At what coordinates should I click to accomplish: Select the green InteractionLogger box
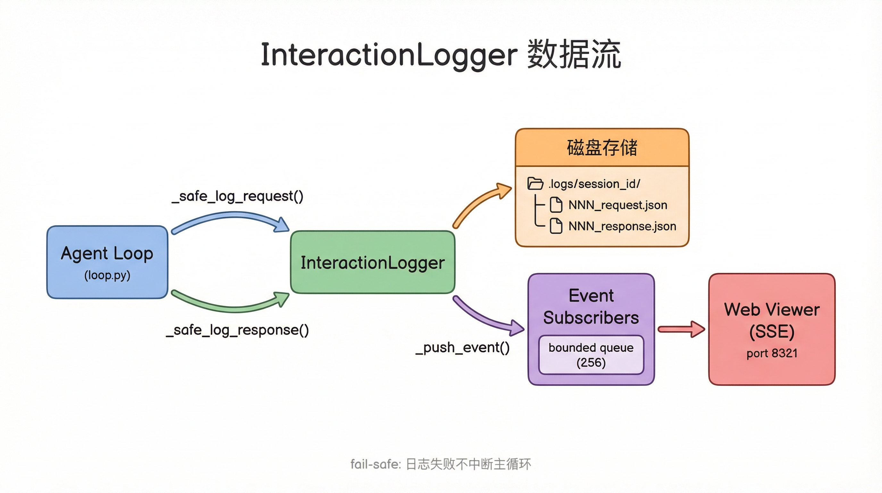tap(372, 263)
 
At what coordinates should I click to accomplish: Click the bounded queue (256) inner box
tap(591, 355)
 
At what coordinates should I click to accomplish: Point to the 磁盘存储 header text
tap(602, 148)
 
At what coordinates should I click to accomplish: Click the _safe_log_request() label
tap(237, 196)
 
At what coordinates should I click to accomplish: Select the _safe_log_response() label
tap(237, 330)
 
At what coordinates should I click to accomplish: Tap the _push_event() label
tap(462, 348)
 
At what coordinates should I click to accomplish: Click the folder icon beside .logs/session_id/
tap(535, 184)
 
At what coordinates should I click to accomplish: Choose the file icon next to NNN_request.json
tap(556, 205)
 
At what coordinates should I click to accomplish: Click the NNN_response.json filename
tap(622, 226)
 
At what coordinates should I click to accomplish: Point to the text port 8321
tap(772, 353)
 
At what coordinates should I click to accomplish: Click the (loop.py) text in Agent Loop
tap(107, 275)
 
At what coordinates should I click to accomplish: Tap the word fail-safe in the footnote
tap(375, 464)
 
